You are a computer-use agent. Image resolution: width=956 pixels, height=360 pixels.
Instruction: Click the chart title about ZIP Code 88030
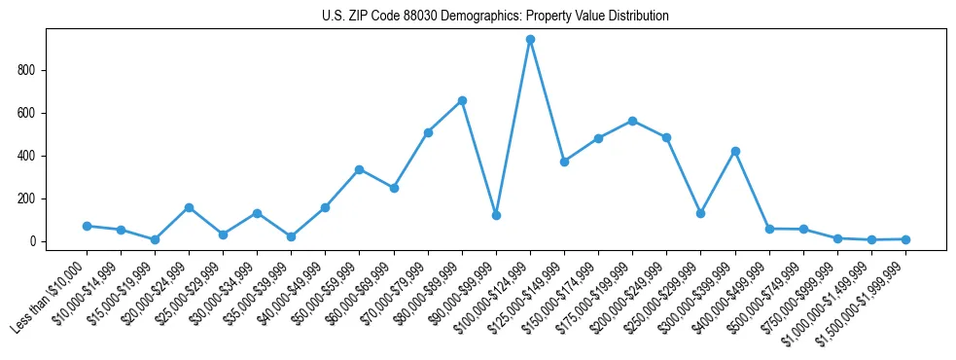point(495,17)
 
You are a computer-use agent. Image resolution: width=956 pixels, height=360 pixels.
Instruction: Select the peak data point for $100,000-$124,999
point(530,40)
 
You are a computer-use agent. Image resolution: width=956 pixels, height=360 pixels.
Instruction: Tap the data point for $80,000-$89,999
point(462,100)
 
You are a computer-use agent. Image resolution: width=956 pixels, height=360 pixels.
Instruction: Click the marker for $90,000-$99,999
point(496,215)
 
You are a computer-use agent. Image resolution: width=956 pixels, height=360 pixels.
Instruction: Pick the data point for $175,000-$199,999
point(632,121)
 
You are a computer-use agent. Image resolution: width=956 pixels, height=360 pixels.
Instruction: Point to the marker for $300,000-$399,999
point(735,151)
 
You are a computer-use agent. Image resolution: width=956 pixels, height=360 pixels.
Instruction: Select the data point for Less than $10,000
point(87,226)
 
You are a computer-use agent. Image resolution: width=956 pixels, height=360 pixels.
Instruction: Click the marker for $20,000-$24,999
point(189,207)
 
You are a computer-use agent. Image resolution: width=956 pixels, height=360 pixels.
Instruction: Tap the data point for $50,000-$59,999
point(360,169)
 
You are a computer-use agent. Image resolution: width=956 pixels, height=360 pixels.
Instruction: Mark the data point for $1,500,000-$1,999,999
point(905,239)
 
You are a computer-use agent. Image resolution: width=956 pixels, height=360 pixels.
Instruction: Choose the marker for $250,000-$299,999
point(700,213)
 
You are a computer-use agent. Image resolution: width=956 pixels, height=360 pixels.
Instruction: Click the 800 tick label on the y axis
point(34,70)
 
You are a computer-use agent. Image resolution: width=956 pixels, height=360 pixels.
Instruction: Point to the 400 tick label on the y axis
point(34,156)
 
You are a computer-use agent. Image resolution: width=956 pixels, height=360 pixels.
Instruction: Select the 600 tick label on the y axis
point(34,113)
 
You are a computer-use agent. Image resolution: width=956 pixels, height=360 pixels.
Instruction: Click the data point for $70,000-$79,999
point(428,132)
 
